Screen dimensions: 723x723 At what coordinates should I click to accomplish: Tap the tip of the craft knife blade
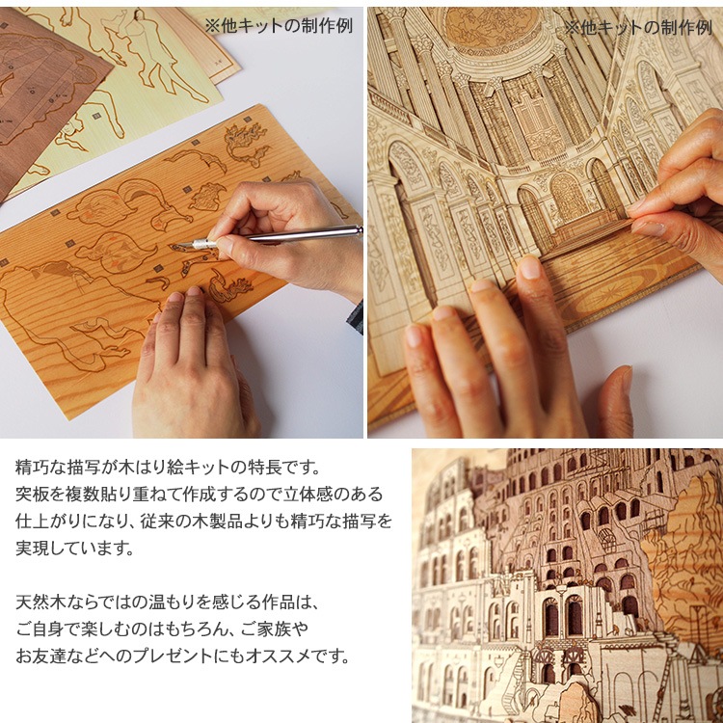tap(177, 246)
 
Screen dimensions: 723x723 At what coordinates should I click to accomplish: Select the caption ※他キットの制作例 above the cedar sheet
tap(279, 25)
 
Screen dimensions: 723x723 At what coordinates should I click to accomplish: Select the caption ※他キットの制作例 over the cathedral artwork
tap(638, 28)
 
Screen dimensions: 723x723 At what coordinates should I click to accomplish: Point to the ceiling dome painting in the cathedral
tap(492, 26)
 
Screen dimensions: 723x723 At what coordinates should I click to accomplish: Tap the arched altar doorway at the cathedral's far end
tap(567, 199)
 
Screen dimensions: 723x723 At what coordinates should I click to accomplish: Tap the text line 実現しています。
tap(74, 549)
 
